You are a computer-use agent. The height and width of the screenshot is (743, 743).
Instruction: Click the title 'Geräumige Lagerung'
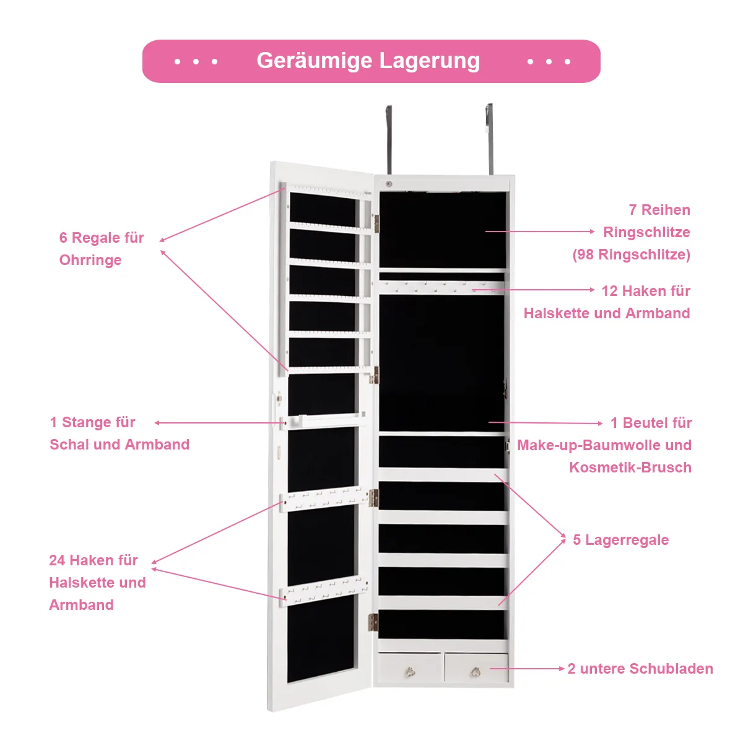(x=368, y=61)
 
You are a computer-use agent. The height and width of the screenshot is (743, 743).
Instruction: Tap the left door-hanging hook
(x=389, y=139)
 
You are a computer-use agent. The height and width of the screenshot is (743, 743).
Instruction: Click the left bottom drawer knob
(x=409, y=671)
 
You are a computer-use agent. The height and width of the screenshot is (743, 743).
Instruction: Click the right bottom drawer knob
(x=476, y=671)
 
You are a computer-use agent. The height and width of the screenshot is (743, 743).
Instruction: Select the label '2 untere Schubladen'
(x=640, y=669)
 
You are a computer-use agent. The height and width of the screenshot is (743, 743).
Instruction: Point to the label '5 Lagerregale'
(x=620, y=540)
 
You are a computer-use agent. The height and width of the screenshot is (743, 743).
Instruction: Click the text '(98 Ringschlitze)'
(x=631, y=254)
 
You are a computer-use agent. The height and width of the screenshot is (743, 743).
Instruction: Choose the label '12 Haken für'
(x=646, y=291)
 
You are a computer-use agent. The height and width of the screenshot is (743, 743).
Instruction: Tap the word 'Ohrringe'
(x=90, y=260)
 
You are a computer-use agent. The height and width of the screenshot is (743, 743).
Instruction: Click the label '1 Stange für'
(x=93, y=422)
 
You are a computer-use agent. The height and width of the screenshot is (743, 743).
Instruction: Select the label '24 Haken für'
(x=93, y=560)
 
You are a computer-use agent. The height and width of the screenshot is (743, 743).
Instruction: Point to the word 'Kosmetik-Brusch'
(x=630, y=467)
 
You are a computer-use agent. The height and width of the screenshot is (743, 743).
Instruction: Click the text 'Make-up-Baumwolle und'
(x=604, y=445)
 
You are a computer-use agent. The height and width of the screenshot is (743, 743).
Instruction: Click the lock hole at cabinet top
(x=389, y=184)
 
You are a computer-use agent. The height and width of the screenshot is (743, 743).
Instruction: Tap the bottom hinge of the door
(x=373, y=622)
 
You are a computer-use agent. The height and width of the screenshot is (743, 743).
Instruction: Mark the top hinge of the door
(x=375, y=223)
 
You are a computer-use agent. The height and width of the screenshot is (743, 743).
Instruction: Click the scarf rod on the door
(x=322, y=421)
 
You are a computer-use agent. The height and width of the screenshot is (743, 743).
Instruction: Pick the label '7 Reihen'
(x=659, y=210)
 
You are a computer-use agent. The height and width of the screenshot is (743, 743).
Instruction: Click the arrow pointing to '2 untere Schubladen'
(x=526, y=669)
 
